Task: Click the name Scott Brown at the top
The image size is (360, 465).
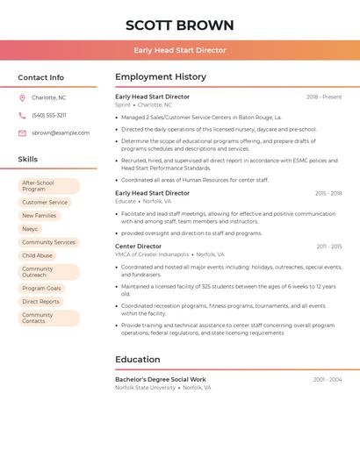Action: (180, 25)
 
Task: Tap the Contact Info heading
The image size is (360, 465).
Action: (41, 77)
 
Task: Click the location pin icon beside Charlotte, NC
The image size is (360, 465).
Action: (22, 97)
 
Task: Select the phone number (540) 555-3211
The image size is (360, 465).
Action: (49, 115)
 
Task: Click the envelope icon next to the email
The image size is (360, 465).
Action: (22, 132)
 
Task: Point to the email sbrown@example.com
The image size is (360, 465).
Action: (61, 132)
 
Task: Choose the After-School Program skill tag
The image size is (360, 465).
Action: (49, 186)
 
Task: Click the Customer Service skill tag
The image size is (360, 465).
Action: (45, 203)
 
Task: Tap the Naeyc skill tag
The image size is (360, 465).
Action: (31, 229)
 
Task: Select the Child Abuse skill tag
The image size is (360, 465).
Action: (38, 255)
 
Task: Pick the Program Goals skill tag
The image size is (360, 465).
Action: (41, 288)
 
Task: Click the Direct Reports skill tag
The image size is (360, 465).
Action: (41, 301)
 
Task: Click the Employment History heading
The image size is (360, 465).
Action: (161, 77)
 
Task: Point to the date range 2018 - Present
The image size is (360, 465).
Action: (324, 97)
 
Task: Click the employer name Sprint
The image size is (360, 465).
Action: (123, 104)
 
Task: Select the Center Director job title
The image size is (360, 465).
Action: (139, 247)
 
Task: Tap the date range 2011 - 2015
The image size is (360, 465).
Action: (329, 247)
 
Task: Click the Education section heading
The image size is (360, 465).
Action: (138, 359)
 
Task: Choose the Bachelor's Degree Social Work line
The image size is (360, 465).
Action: (162, 379)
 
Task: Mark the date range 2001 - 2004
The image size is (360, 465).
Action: (328, 379)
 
